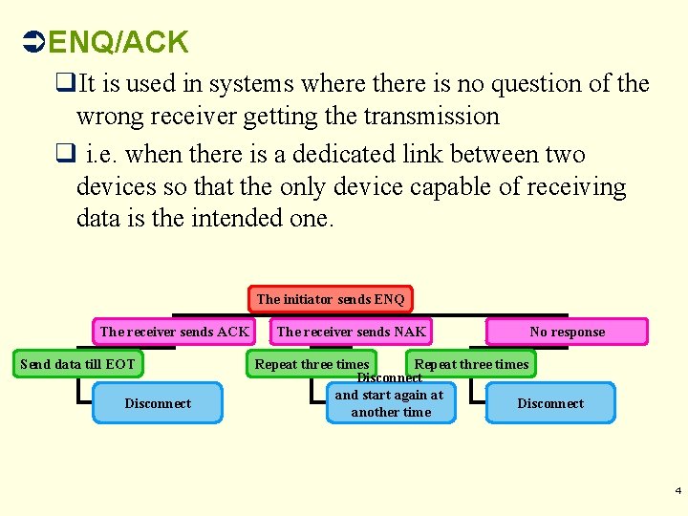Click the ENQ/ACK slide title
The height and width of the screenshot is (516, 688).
118,42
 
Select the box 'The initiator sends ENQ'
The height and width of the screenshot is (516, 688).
331,299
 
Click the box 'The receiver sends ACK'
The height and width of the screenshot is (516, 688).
174,332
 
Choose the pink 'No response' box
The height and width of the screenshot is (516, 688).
567,332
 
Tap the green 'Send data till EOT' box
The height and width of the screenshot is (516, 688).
78,364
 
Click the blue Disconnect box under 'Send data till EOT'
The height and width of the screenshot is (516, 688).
158,403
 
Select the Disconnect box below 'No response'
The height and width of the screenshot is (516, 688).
550,403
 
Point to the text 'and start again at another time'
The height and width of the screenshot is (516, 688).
390,404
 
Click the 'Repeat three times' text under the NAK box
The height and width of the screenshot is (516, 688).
312,364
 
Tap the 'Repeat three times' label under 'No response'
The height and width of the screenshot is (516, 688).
471,364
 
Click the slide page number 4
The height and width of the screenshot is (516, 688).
678,490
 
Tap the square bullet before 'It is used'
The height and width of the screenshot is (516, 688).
66,84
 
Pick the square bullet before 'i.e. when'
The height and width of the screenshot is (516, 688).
66,155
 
